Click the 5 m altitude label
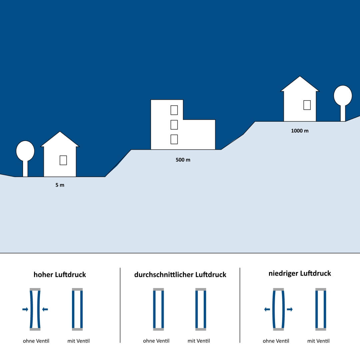pos(60,185)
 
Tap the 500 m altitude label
pos(183,160)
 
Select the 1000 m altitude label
pos(300,131)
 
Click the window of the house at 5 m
pos(63,160)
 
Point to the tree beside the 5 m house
pos(25,153)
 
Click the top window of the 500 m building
pos(174,110)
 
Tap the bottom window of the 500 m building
pos(174,139)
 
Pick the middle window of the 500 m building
pos(174,125)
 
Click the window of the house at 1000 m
pos(307,105)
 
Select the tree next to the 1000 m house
pos(343,98)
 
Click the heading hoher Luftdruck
pos(60,275)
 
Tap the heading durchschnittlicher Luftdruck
pos(180,275)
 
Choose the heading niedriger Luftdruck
pos(300,273)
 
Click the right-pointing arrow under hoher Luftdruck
pos(25,309)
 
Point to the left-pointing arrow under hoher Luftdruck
pos(45,309)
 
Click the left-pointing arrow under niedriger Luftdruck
pos(267,309)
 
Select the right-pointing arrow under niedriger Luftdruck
pos(290,309)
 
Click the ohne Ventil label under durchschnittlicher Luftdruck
pos(156,341)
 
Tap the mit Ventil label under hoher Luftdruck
pos(78,341)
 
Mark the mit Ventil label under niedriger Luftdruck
pos(318,341)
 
